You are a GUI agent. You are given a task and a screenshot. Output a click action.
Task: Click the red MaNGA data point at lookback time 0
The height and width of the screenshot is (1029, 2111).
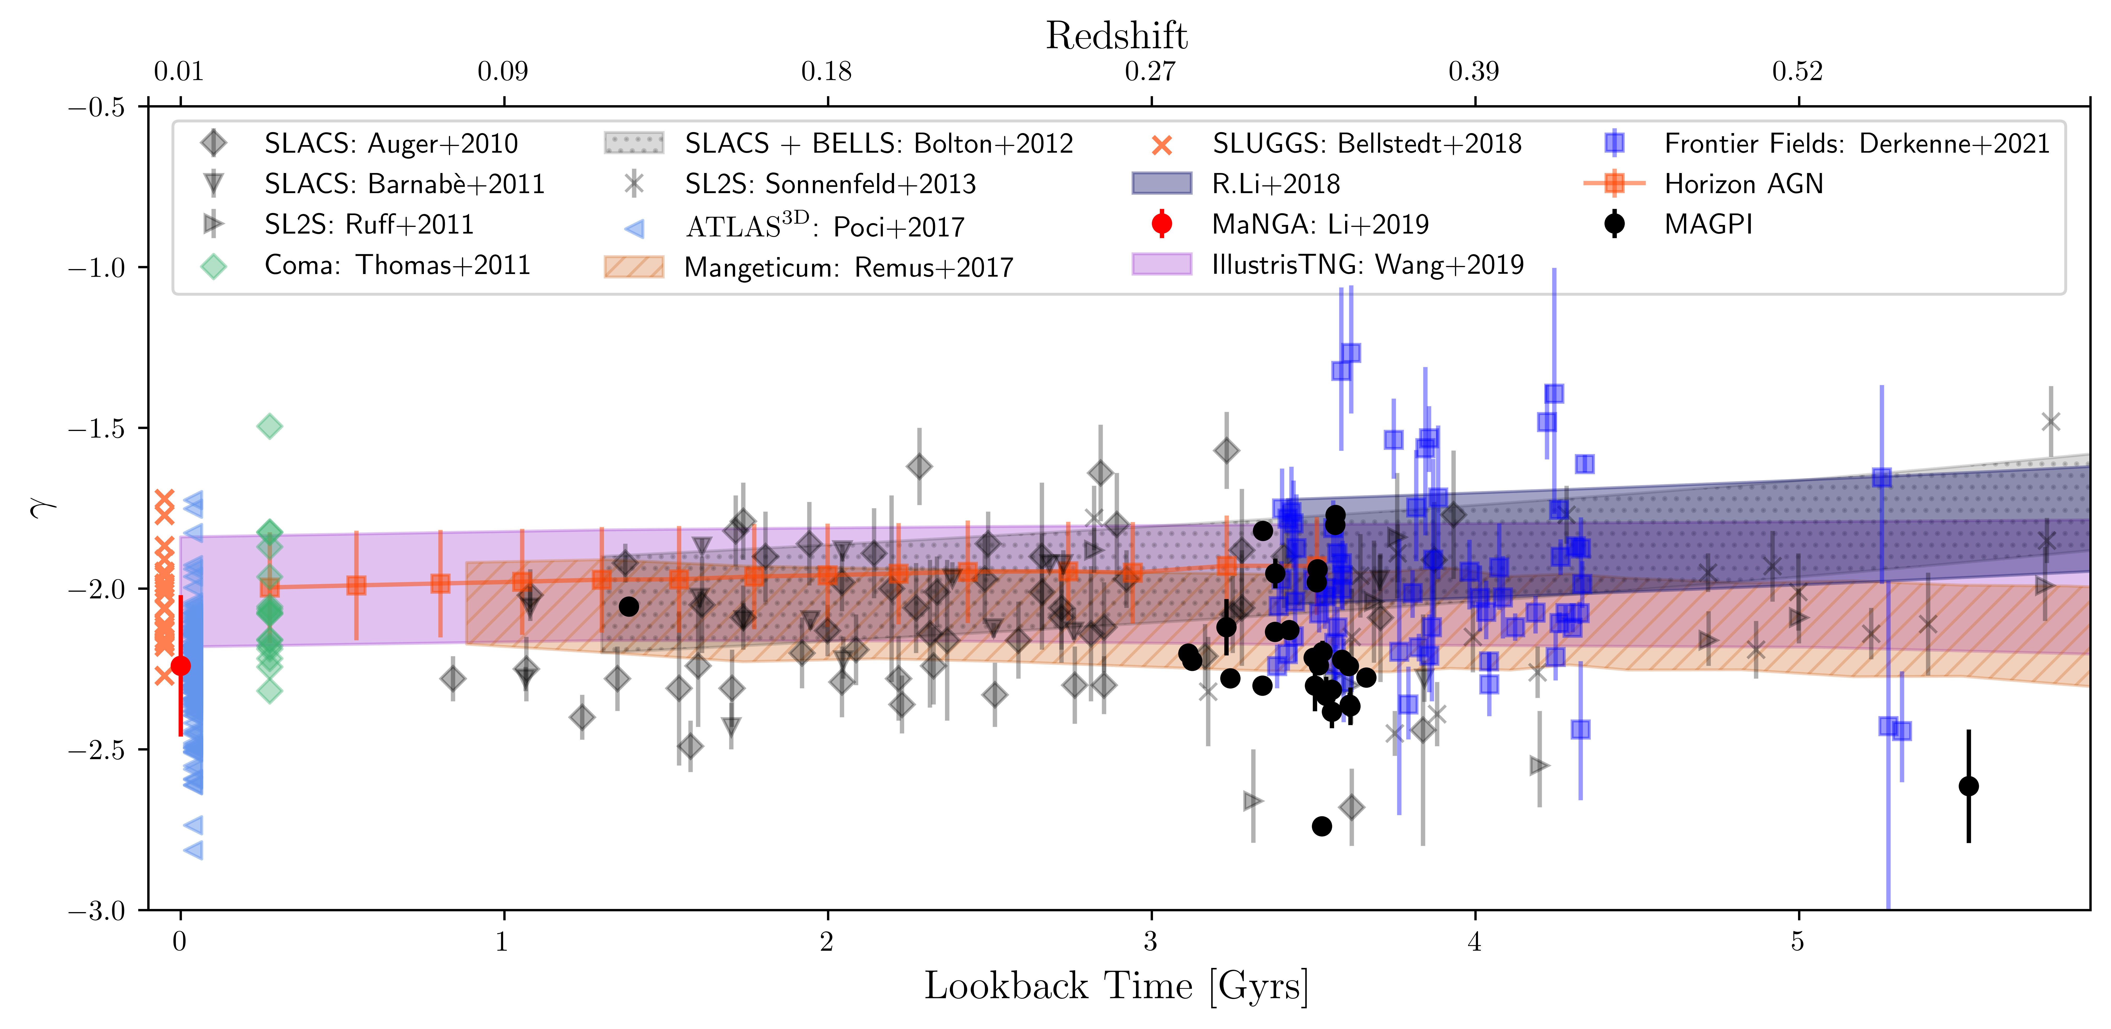coord(180,665)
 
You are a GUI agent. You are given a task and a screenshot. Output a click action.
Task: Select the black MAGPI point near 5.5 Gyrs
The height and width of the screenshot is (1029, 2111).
coord(1968,786)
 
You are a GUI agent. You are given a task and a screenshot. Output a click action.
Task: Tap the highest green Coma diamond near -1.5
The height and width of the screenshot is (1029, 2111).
coord(270,426)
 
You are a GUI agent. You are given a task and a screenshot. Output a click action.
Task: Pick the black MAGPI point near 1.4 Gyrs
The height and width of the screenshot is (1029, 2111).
coord(629,606)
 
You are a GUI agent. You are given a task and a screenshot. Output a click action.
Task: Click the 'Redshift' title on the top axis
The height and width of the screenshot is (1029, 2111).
coord(1116,36)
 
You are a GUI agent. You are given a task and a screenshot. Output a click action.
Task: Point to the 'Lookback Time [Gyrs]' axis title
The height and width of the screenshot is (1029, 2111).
coord(1116,986)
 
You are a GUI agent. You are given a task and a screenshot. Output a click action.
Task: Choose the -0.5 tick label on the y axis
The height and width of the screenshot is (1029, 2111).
coord(97,107)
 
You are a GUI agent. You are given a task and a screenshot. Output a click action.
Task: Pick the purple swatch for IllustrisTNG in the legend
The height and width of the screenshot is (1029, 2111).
coord(1161,264)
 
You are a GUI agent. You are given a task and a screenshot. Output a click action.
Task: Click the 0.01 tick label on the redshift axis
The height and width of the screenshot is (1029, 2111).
coord(179,72)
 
